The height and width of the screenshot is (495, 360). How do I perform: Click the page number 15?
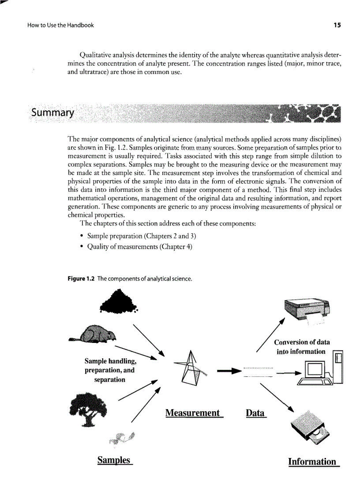click(x=337, y=25)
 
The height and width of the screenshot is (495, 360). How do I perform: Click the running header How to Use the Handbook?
click(x=54, y=25)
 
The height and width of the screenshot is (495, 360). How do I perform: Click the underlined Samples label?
click(x=115, y=460)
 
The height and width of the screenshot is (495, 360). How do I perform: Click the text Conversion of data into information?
click(x=301, y=347)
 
